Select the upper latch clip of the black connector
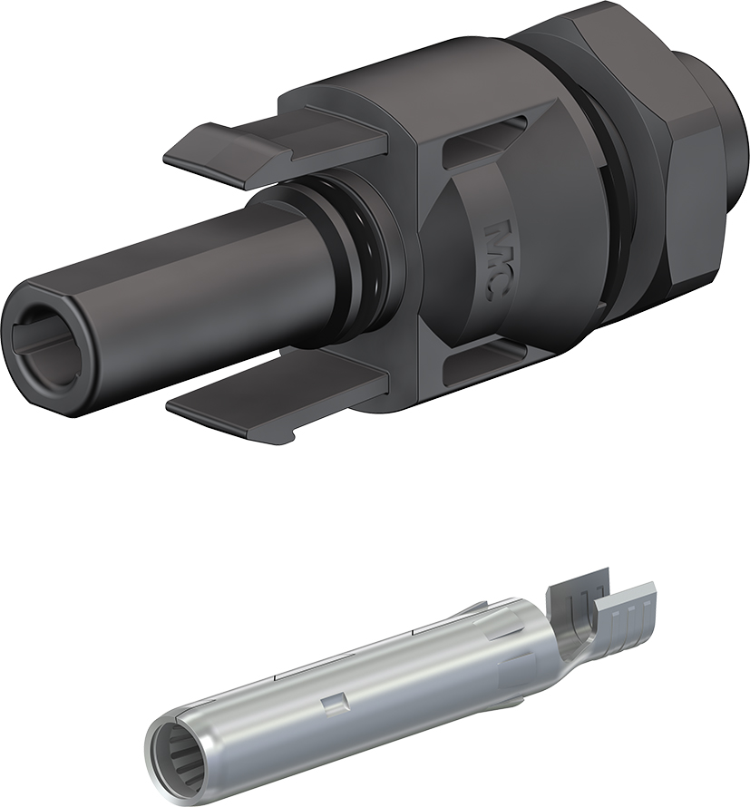pos(275,150)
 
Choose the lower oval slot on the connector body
pos(484,360)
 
